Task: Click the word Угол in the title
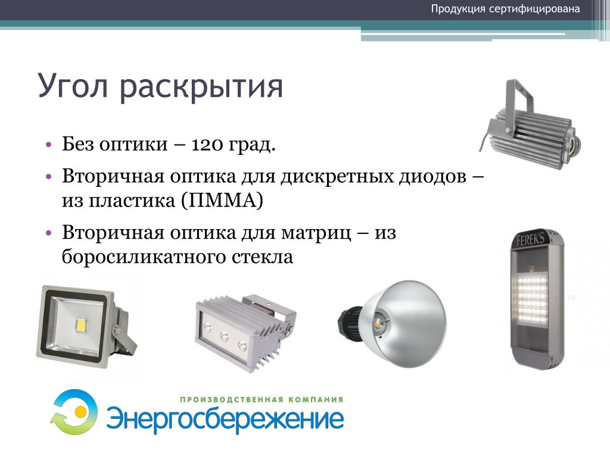(73, 85)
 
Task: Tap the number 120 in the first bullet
(207, 144)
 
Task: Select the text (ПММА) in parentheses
(222, 201)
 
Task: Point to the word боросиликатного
(144, 257)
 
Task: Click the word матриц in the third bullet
(316, 233)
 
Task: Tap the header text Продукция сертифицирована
(505, 9)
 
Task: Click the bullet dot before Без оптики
(48, 145)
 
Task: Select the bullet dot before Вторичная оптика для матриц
(48, 233)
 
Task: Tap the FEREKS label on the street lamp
(530, 239)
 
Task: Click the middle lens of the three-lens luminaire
(225, 336)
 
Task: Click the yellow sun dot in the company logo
(80, 410)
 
